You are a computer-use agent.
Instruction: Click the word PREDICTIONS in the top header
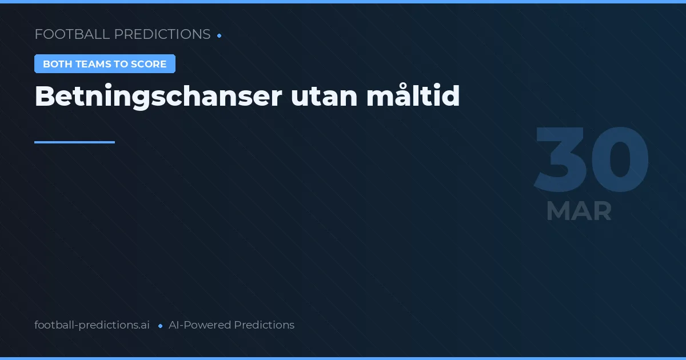point(162,34)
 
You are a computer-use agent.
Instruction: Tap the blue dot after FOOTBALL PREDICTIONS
point(220,35)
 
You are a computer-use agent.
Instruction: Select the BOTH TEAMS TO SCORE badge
point(105,64)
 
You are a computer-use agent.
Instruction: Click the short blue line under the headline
point(74,142)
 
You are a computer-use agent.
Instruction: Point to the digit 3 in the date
point(560,160)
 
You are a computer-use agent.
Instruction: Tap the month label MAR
point(579,211)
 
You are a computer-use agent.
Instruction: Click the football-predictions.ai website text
point(92,325)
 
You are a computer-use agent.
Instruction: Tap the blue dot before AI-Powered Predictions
point(161,326)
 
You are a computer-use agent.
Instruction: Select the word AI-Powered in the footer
point(200,325)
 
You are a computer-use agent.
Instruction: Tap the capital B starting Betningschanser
point(45,97)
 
